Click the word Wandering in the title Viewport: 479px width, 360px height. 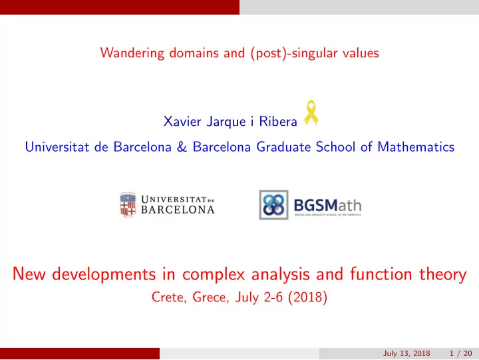click(132, 53)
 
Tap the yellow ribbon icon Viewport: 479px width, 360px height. click(311, 112)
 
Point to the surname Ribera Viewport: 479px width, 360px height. click(278, 121)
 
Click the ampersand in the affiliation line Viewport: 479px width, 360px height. click(182, 146)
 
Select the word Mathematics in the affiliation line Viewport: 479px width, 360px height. click(416, 146)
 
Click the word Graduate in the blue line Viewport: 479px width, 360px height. click(283, 146)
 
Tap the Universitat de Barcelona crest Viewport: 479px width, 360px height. click(128, 205)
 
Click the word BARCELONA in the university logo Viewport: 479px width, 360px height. click(178, 210)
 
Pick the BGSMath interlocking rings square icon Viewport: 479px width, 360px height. click(273, 205)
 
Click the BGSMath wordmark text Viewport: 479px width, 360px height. click(327, 206)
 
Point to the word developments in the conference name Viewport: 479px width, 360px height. click(104, 273)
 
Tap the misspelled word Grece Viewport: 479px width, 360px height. click(211, 297)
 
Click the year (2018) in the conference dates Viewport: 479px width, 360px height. click(307, 297)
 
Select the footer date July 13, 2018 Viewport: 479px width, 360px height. click(406, 353)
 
